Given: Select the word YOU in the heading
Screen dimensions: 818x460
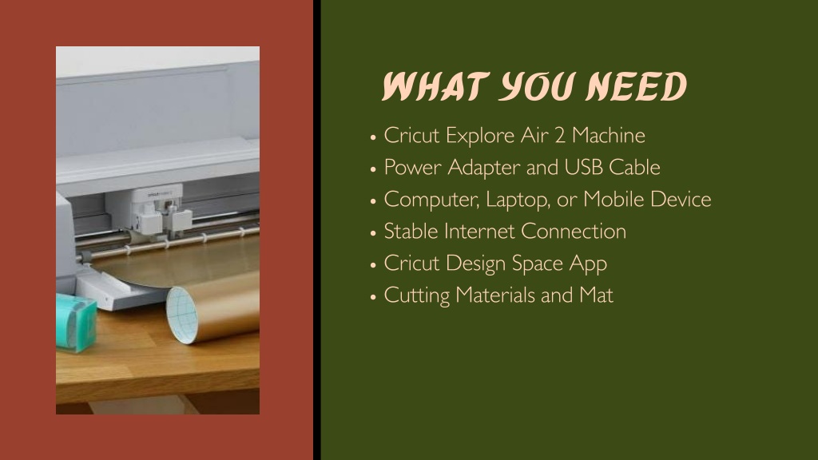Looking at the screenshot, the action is click(537, 86).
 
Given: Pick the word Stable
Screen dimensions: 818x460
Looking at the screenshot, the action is click(411, 232).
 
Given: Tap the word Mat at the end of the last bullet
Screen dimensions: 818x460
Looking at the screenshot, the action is click(596, 295).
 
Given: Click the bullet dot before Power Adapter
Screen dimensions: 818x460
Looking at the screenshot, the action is click(373, 169).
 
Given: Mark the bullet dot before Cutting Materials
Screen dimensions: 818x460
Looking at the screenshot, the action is click(373, 297).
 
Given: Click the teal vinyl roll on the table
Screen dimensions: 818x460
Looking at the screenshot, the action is click(76, 323).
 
